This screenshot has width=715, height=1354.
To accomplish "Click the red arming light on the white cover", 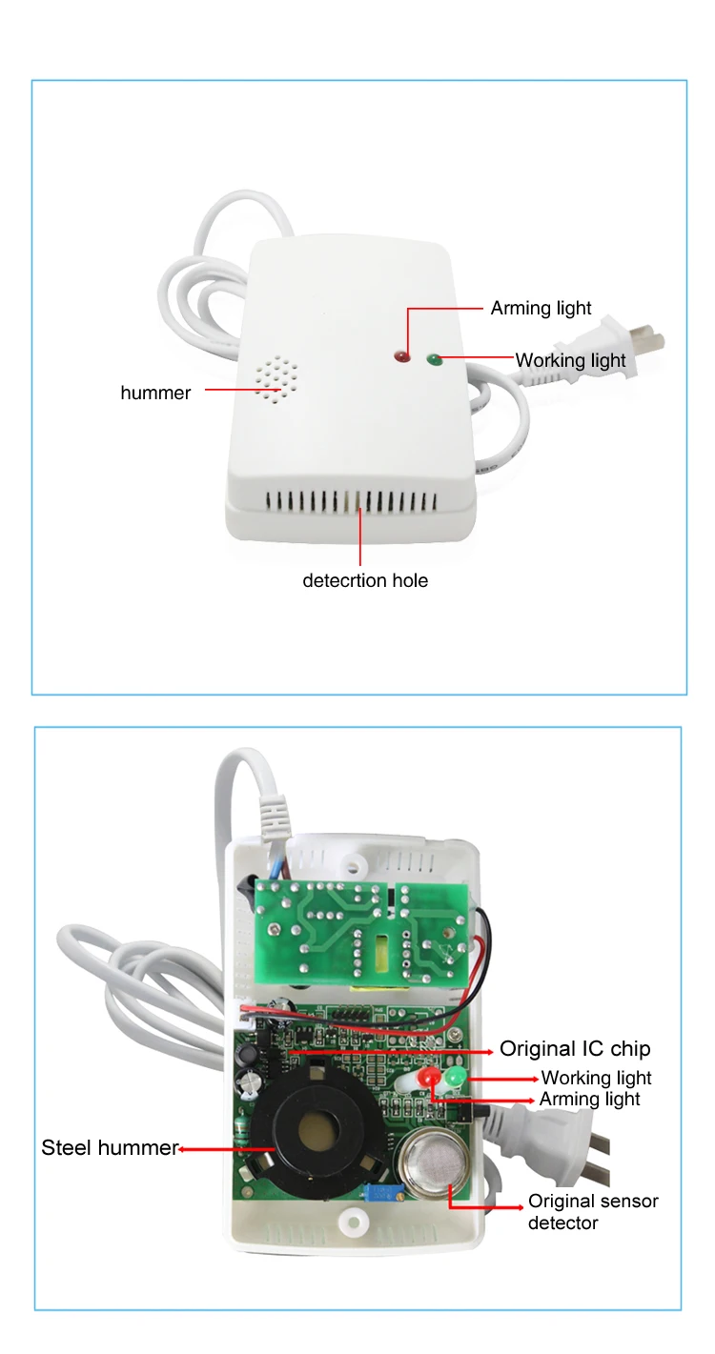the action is pyautogui.click(x=401, y=357).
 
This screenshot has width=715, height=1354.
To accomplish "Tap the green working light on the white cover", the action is pyautogui.click(x=435, y=359).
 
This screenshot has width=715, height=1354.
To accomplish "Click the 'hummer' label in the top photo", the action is pyautogui.click(x=155, y=393).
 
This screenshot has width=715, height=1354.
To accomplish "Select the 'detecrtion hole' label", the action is pyautogui.click(x=365, y=580).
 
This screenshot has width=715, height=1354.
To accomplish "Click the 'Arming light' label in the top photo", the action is pyautogui.click(x=541, y=308).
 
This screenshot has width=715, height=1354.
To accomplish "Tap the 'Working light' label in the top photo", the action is pyautogui.click(x=570, y=360).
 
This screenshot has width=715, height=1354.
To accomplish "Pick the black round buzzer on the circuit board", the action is pyautogui.click(x=311, y=1131).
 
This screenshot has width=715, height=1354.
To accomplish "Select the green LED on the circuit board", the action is pyautogui.click(x=453, y=1077).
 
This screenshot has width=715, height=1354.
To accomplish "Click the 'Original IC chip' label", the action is pyautogui.click(x=575, y=1049).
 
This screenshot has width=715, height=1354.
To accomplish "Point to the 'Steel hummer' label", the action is pyautogui.click(x=109, y=1148).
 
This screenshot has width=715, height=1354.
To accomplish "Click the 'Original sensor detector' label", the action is pyautogui.click(x=593, y=1211).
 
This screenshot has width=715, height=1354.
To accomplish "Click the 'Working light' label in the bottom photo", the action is pyautogui.click(x=596, y=1078).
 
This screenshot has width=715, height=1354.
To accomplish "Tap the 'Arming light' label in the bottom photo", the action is pyautogui.click(x=589, y=1100).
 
